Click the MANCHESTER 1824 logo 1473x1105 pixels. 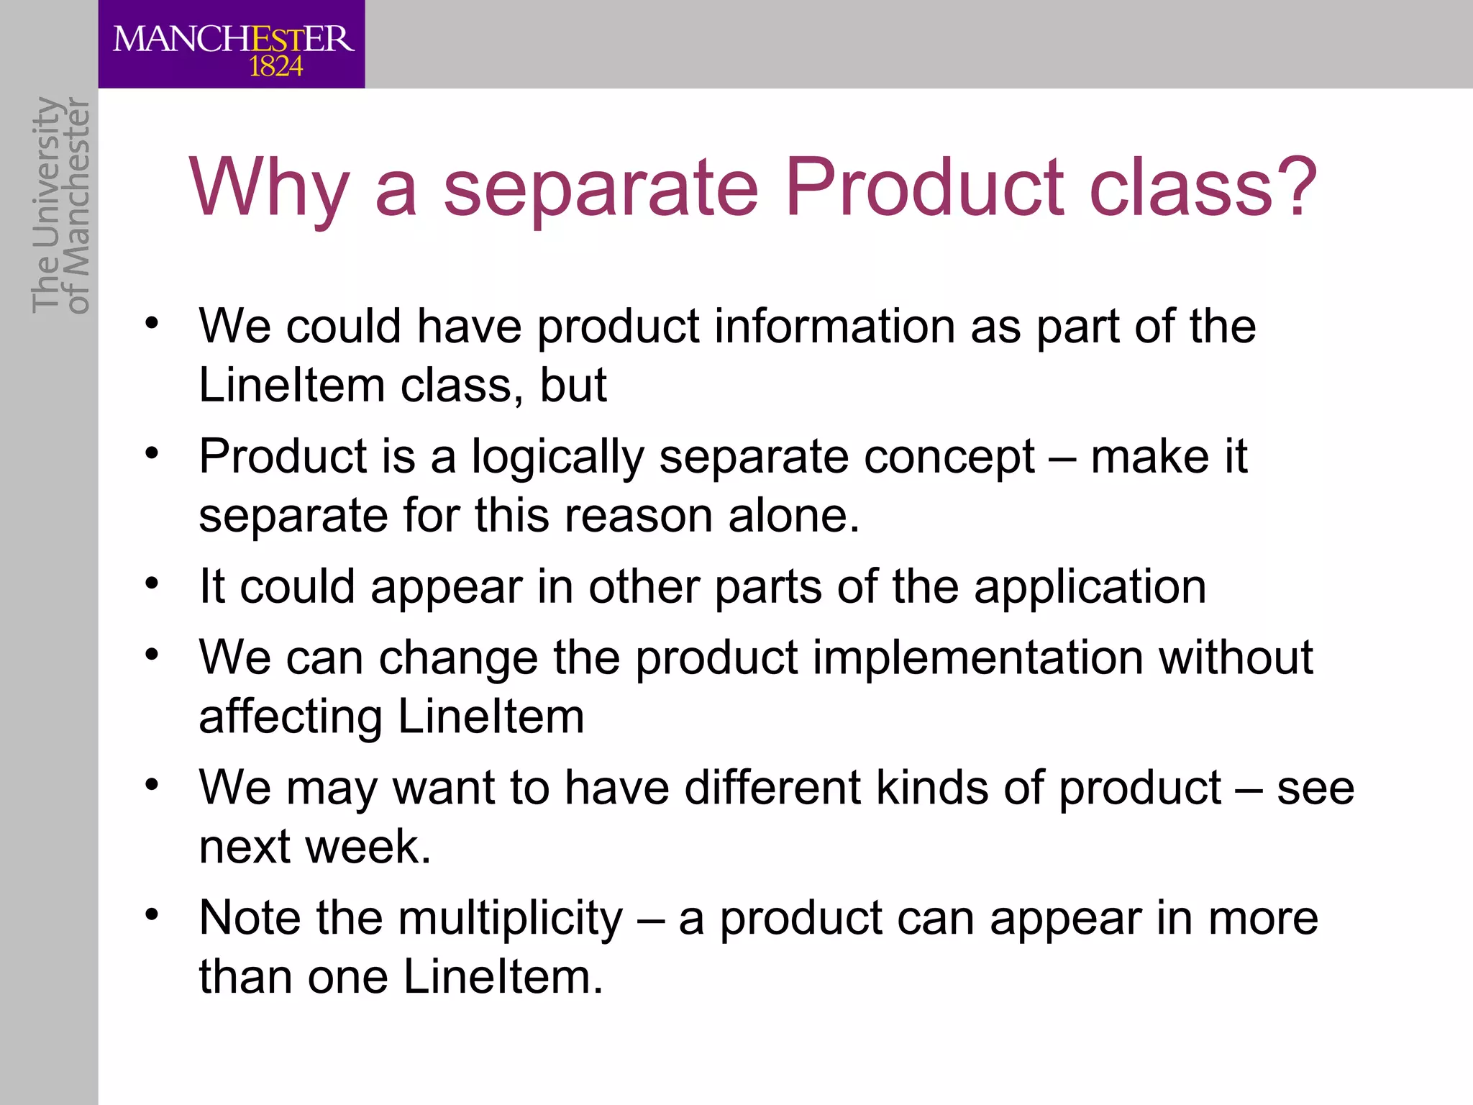(x=232, y=45)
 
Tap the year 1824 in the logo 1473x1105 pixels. (x=275, y=67)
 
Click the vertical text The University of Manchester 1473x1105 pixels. (x=60, y=206)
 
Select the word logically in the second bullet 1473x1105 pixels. (x=557, y=458)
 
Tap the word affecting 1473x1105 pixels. (x=291, y=717)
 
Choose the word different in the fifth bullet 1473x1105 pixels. (x=772, y=787)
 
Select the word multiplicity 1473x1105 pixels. (x=511, y=919)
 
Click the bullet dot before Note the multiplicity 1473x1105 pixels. (x=151, y=914)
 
